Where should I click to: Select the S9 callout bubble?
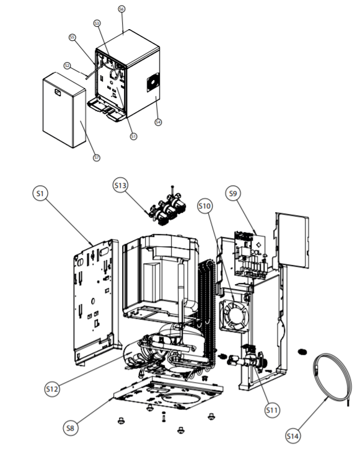pos(233,194)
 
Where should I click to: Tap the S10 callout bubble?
pos(205,204)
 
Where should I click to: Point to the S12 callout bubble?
pos(53,388)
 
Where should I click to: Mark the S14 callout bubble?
pos(292,437)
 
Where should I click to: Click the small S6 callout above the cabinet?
pos(121,10)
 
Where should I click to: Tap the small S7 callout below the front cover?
pos(96,158)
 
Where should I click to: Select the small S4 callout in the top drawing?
pos(158,122)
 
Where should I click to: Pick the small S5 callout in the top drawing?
pos(72,37)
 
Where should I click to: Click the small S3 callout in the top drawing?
pos(97,23)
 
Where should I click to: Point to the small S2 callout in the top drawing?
pos(67,65)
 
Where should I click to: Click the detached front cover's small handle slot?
pos(58,93)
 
